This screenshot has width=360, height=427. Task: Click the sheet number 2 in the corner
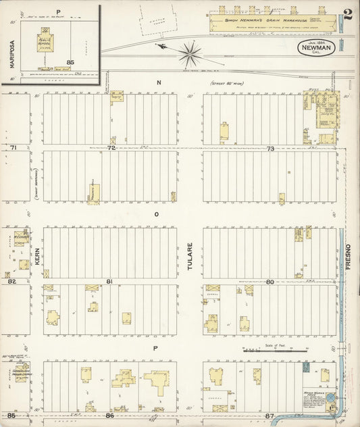[348, 15]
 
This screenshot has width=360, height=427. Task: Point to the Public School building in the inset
[45, 39]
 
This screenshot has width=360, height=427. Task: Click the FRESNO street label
[349, 257]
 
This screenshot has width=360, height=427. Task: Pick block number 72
[111, 147]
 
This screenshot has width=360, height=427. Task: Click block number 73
[270, 148]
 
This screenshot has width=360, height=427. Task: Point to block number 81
[109, 280]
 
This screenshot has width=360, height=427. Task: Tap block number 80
[269, 281]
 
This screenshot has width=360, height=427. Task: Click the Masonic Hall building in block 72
[95, 193]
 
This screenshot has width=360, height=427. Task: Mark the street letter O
[157, 214]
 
